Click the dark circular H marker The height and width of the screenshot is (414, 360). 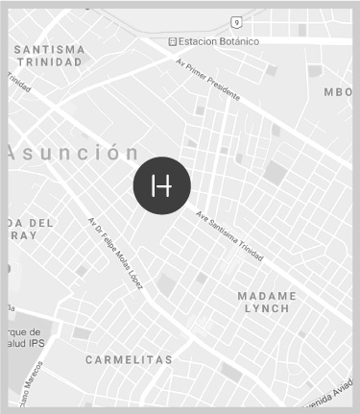(161, 184)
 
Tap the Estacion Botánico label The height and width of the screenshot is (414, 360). (219, 41)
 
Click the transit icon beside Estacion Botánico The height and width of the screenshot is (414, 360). (172, 41)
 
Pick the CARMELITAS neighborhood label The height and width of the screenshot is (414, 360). (128, 360)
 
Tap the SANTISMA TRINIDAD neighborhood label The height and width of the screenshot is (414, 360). (49, 55)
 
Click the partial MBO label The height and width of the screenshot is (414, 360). (338, 92)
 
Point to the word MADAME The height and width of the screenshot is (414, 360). (267, 295)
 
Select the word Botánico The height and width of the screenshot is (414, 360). (238, 41)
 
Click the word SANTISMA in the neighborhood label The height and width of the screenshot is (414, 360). (49, 48)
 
